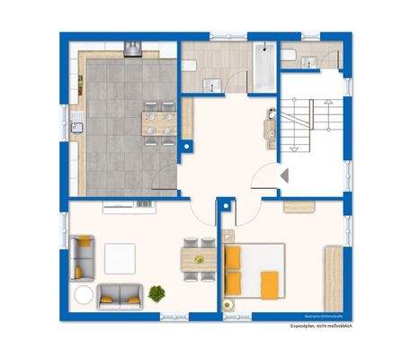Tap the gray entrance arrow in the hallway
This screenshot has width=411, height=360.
282,176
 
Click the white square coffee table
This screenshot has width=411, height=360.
121,259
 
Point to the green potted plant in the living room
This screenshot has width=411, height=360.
157,292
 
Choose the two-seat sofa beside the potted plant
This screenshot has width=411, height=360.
120,293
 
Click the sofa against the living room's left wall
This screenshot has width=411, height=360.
82,256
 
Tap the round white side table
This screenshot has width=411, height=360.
83,293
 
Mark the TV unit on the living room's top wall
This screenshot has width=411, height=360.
129,207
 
